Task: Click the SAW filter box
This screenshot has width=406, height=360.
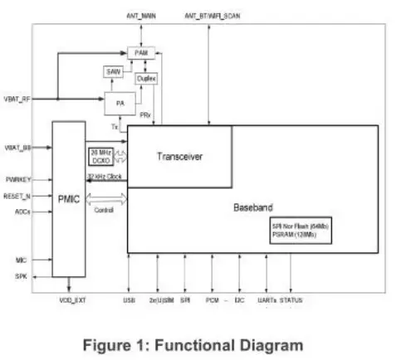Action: (114, 73)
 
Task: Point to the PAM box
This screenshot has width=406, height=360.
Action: (141, 51)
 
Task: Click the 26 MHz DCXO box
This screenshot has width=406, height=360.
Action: (101, 155)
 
